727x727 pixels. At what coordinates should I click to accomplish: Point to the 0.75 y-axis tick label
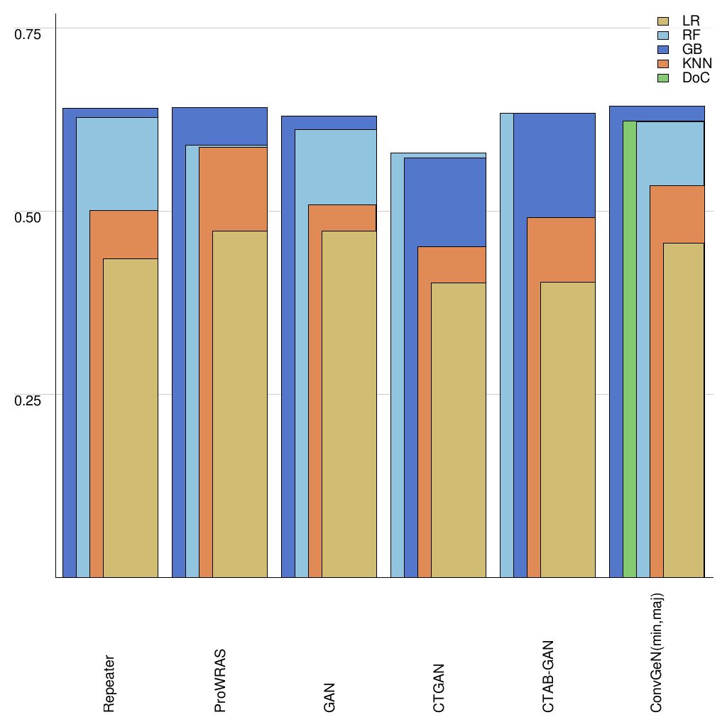coord(28,34)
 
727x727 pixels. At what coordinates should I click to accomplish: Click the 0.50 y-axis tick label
coord(28,217)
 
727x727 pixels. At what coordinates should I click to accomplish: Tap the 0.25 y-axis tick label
coord(28,400)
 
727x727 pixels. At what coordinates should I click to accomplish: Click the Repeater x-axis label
coord(109,683)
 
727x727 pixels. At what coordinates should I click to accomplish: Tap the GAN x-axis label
coord(329,697)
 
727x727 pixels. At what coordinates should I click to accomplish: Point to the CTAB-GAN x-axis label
coord(548,677)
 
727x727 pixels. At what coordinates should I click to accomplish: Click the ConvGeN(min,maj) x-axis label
coord(657,652)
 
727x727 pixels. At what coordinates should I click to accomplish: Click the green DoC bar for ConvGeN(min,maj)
coord(629,355)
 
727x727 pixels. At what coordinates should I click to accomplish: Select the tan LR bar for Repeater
coord(131,419)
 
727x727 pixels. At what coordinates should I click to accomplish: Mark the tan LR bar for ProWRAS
coord(240,405)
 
